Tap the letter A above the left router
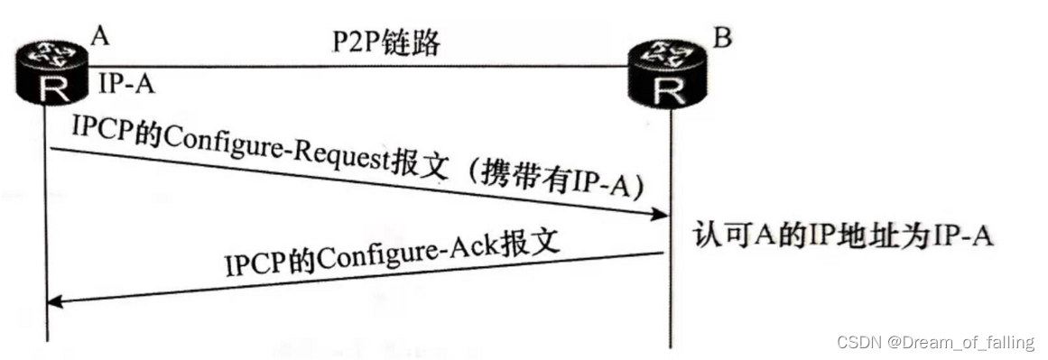click(101, 36)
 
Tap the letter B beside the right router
click(721, 39)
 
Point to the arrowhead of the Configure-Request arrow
click(662, 214)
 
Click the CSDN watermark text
click(858, 342)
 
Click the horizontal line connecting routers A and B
click(361, 66)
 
